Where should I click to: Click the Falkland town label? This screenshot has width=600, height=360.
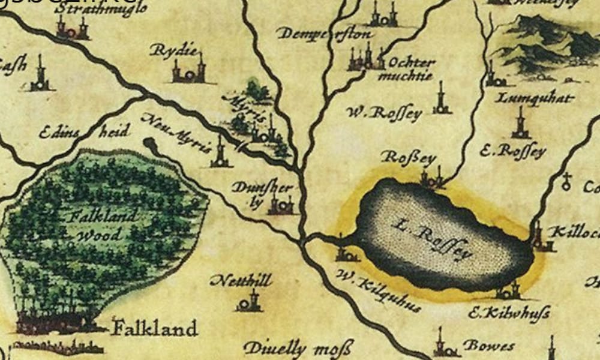[155, 328]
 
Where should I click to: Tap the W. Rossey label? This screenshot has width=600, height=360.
[385, 113]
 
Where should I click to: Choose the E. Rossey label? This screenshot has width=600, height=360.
[513, 150]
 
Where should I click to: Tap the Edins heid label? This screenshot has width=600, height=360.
[84, 131]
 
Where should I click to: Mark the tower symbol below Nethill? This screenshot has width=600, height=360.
[250, 301]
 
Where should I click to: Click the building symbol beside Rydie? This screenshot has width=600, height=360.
[189, 70]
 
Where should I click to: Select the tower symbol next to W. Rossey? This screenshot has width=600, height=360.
[442, 103]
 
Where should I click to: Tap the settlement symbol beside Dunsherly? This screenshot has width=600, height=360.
[281, 205]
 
